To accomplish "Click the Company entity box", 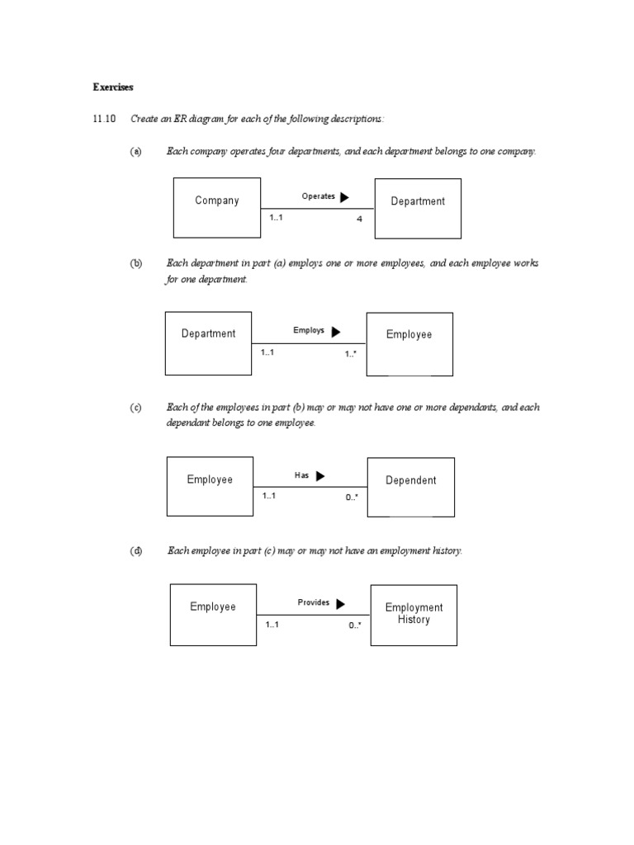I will (217, 207).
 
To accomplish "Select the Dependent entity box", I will (410, 487).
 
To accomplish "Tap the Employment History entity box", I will (414, 615).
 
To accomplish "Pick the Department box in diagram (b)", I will (208, 342).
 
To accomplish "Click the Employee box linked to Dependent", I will (210, 486).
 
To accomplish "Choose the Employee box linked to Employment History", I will (213, 614).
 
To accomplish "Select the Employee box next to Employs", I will (409, 343).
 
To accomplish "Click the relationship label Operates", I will (319, 196).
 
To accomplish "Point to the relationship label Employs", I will (309, 330).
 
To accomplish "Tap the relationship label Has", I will (301, 475).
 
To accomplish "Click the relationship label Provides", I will (314, 602).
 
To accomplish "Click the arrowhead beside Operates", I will (344, 197).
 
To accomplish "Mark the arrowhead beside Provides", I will (341, 603).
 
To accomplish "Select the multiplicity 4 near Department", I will (359, 219).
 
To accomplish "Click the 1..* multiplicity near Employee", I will (351, 354).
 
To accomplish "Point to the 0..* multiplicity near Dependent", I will (352, 498).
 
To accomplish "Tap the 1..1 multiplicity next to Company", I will (277, 217).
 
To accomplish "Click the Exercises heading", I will (113, 87).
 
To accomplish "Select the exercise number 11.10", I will (105, 120).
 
